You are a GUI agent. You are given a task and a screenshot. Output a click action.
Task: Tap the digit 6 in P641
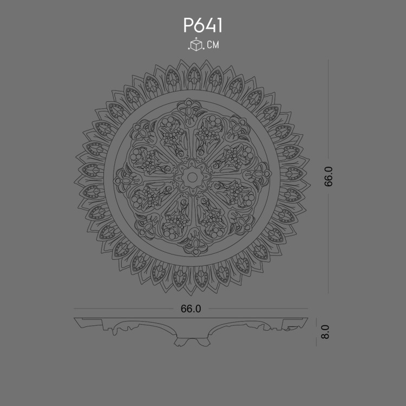pyautogui.click(x=199, y=25)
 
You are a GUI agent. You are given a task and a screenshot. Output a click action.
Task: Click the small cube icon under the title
pyautogui.click(x=195, y=45)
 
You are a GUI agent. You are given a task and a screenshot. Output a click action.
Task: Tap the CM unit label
pyautogui.click(x=213, y=45)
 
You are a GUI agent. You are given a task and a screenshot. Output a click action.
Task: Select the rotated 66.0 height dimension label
pyautogui.click(x=329, y=176)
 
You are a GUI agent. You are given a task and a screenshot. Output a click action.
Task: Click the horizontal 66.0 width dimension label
pyautogui.click(x=191, y=309)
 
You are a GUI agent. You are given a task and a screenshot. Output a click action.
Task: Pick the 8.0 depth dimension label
pyautogui.click(x=325, y=331)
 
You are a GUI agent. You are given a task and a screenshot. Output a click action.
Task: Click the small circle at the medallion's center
pyautogui.click(x=191, y=176)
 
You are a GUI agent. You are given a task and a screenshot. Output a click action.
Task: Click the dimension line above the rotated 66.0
pyautogui.click(x=329, y=114)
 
